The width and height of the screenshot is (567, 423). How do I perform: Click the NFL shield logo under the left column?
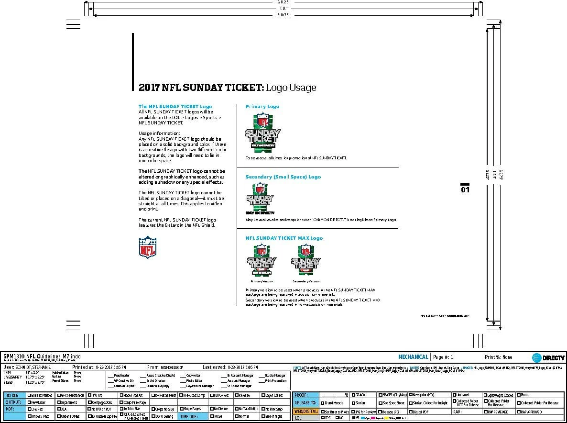(x=148, y=247)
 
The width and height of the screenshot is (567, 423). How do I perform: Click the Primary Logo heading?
(x=262, y=106)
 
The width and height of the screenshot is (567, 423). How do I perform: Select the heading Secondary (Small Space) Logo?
(x=283, y=177)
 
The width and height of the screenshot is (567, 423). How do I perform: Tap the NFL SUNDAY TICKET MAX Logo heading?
(x=284, y=238)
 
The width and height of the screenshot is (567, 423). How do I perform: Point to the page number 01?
(x=465, y=189)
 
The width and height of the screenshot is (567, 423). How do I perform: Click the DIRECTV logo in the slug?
(x=548, y=357)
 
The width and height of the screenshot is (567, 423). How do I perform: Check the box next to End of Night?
(x=263, y=416)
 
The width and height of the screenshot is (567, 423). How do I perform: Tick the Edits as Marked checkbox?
(x=30, y=396)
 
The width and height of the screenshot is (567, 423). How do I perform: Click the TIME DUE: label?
(x=190, y=416)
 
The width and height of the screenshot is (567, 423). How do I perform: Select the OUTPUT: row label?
(x=13, y=402)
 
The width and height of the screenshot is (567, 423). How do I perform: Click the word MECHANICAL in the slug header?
(x=413, y=357)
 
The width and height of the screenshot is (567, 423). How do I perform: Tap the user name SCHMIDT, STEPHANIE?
(x=30, y=367)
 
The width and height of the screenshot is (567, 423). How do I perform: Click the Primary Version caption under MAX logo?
(x=261, y=281)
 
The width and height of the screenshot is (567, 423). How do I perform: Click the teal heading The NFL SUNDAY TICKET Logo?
(x=175, y=106)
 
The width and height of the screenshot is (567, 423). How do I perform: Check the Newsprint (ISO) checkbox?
(x=411, y=395)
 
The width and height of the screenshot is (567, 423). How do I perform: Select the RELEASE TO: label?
(x=305, y=403)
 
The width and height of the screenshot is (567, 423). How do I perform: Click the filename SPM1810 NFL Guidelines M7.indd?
(x=36, y=356)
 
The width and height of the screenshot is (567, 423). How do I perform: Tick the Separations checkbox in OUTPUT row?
(x=59, y=402)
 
